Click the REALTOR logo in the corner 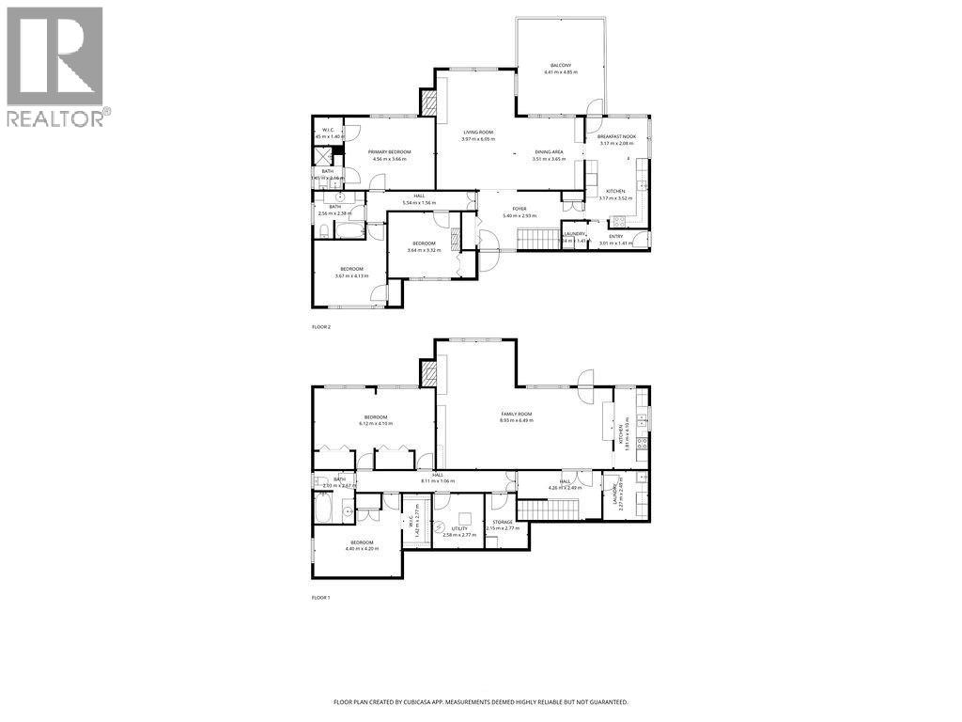point(55,66)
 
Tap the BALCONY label point(561,65)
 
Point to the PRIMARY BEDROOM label point(389,151)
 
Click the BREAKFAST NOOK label point(616,137)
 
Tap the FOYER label point(519,209)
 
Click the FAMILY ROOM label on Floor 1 point(517,415)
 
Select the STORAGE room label point(503,522)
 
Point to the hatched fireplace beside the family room point(428,375)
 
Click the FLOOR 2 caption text point(321,326)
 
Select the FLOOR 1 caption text point(321,597)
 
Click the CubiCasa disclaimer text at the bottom point(481,701)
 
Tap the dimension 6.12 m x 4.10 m point(376,423)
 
